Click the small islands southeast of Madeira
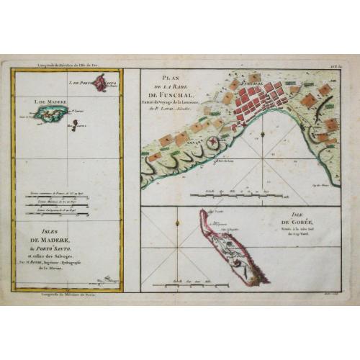tap(75, 127)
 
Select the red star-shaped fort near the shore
tap(212, 145)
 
